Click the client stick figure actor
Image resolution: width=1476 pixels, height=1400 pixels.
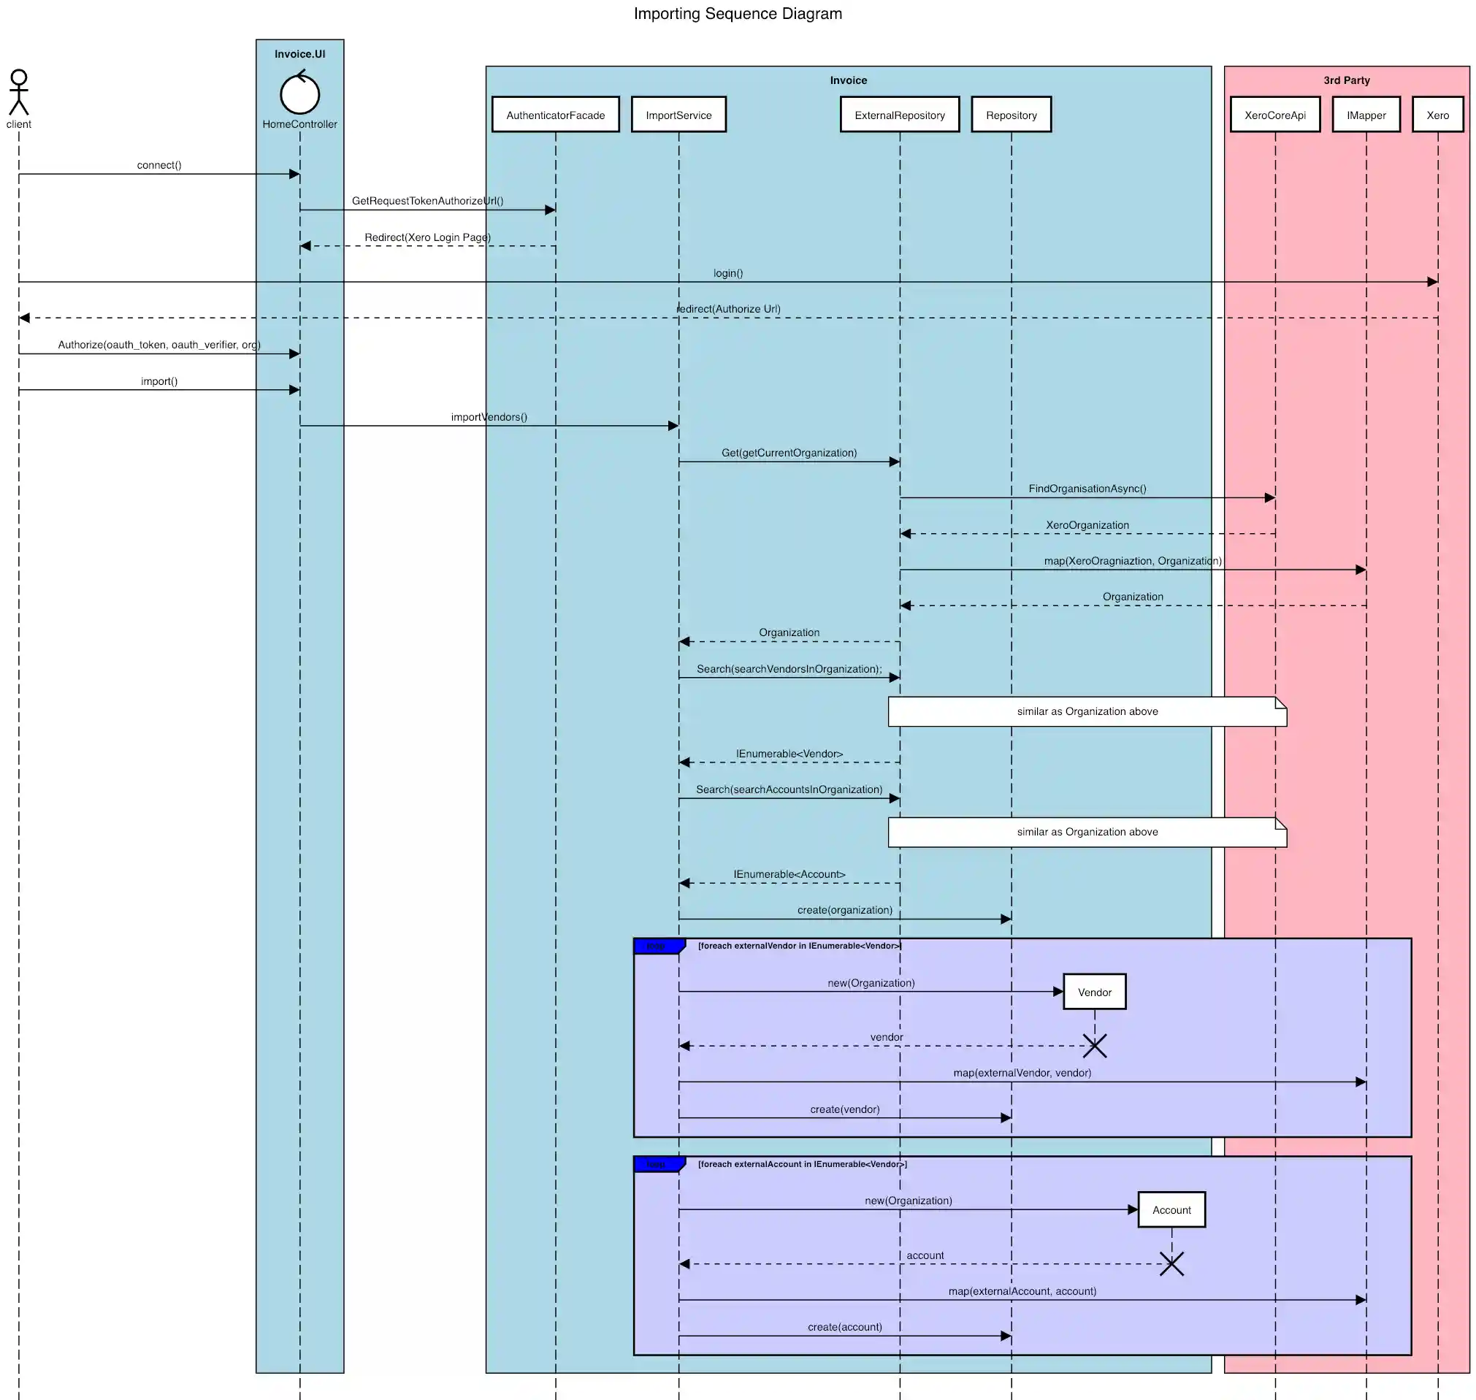(x=19, y=93)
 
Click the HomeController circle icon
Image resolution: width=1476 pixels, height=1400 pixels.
(x=299, y=94)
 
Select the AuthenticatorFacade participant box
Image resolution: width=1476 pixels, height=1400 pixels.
(x=555, y=115)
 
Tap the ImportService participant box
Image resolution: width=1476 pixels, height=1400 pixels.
(x=678, y=115)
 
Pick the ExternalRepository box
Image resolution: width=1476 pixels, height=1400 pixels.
(x=899, y=115)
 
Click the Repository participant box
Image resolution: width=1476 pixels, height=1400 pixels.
(x=1010, y=115)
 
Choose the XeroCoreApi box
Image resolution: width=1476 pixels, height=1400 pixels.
(x=1274, y=115)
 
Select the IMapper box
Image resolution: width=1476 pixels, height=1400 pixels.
(x=1366, y=115)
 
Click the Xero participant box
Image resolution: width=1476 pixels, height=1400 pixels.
(x=1437, y=115)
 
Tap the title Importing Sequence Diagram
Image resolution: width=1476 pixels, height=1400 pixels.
(x=737, y=13)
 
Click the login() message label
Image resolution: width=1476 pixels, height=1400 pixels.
(x=727, y=273)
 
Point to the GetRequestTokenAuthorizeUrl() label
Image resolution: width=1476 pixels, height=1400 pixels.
(x=427, y=201)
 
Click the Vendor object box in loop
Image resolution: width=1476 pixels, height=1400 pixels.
(x=1094, y=992)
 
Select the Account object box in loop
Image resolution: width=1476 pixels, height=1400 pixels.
(x=1171, y=1209)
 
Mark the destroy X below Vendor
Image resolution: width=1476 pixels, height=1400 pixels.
(x=1094, y=1046)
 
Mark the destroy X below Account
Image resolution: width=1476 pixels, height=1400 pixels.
(x=1171, y=1264)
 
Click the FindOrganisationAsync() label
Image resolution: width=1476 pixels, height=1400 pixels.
(x=1087, y=489)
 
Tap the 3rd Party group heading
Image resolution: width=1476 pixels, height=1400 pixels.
(x=1345, y=80)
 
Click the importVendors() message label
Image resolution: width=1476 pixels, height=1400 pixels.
(x=488, y=417)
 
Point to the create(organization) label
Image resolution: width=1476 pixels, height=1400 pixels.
(x=844, y=910)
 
